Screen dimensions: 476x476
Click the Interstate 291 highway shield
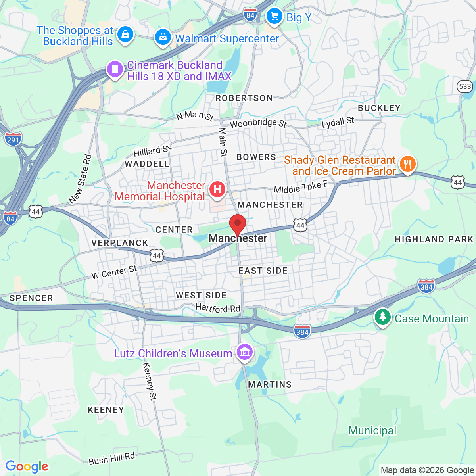[13, 139]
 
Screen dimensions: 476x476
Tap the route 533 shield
[464, 86]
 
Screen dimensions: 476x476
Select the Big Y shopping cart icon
[274, 17]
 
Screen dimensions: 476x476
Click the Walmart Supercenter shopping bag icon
[163, 38]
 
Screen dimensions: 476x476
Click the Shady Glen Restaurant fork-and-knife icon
[407, 163]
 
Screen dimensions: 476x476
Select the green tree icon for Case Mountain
[383, 317]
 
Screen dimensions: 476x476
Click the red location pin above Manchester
[238, 225]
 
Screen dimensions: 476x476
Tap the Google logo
[27, 466]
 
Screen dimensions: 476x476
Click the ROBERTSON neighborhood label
[244, 98]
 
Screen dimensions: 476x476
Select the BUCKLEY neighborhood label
[379, 108]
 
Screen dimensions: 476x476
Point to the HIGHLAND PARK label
[434, 239]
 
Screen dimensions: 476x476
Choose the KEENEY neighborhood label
[106, 410]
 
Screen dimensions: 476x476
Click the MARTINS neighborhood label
[270, 384]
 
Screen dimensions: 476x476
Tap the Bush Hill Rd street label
[111, 459]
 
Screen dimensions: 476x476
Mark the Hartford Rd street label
[218, 308]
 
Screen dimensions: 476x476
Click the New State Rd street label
[80, 179]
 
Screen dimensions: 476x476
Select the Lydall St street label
[338, 123]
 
